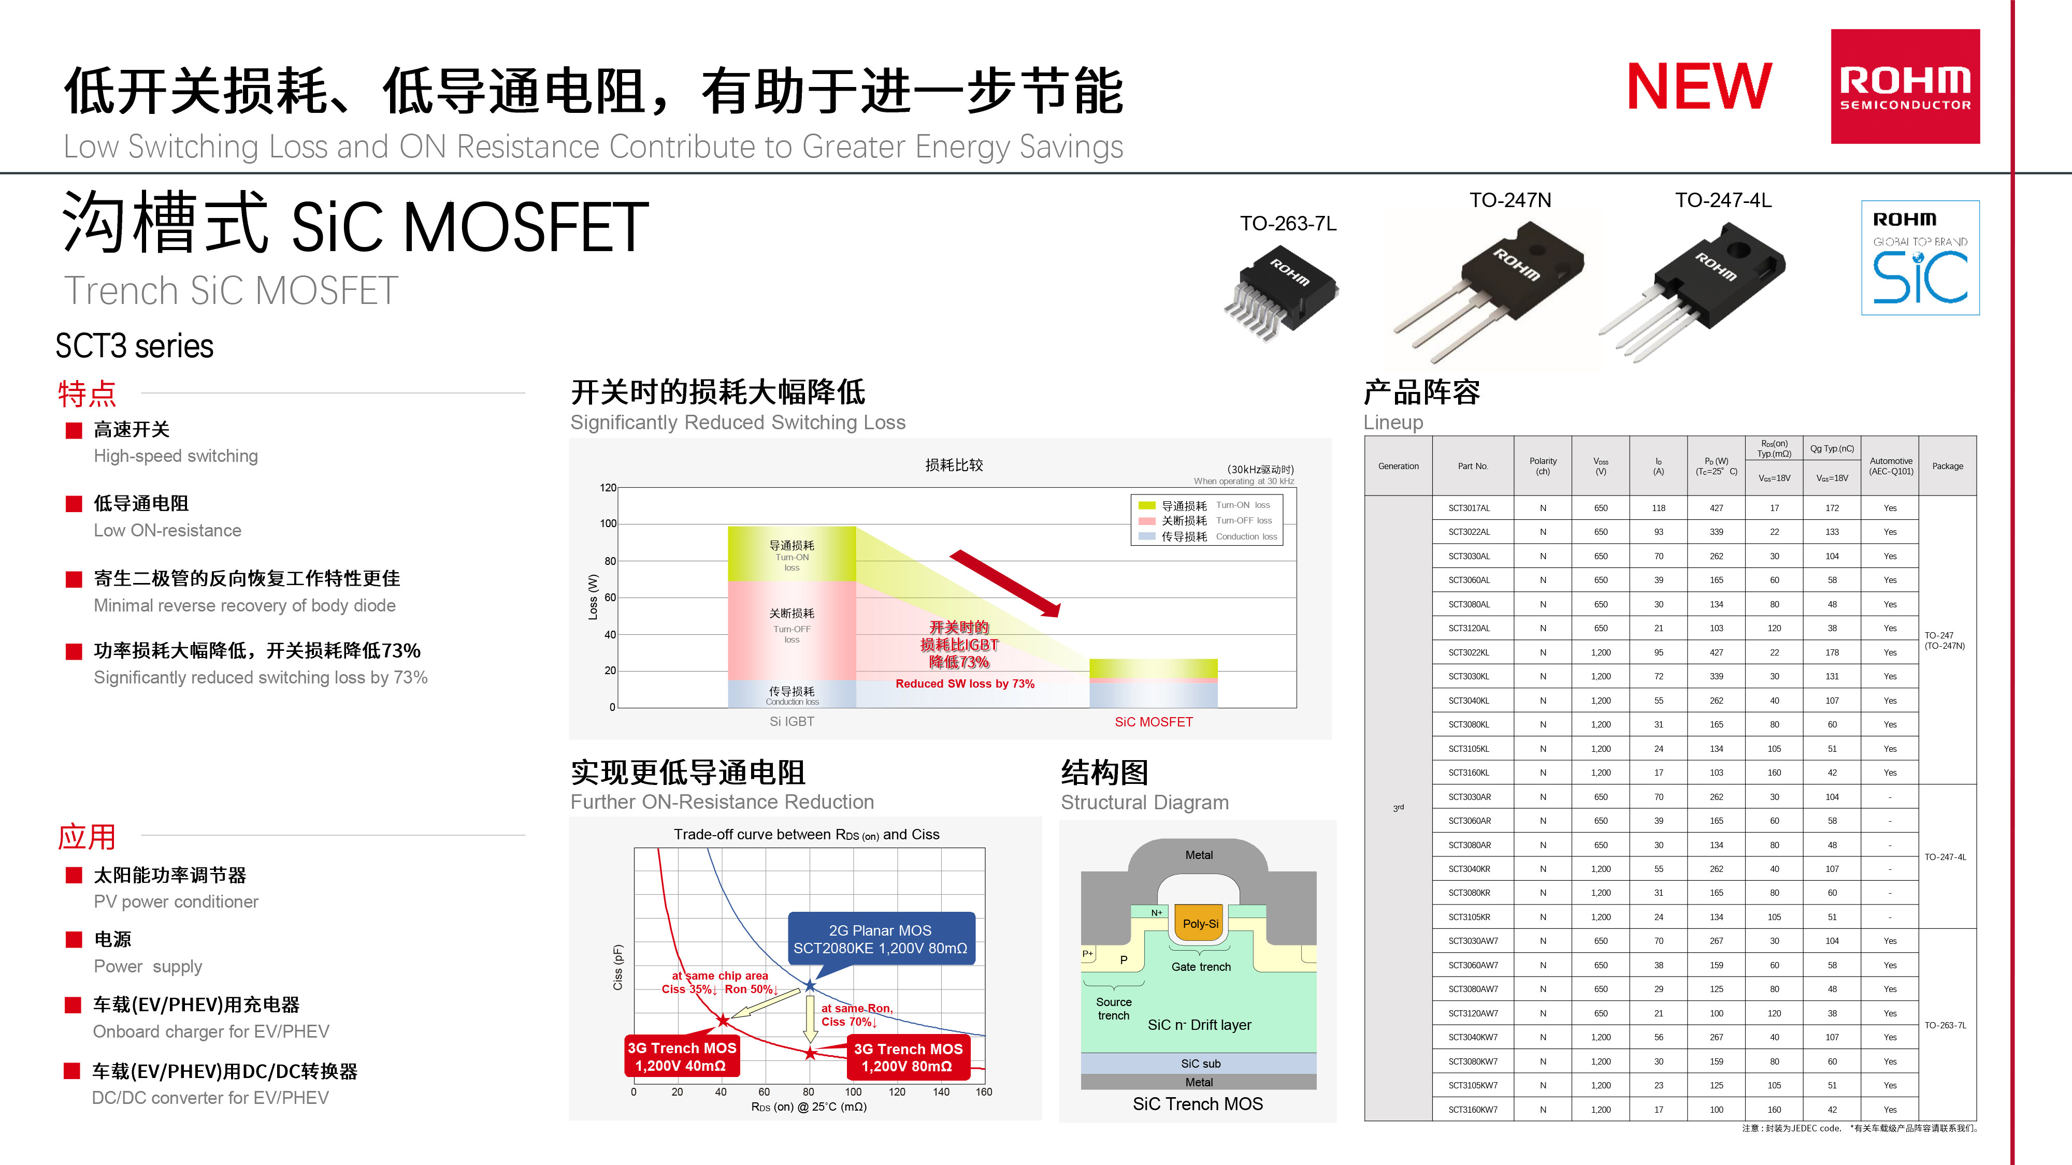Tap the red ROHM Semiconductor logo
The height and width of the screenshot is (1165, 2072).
pyautogui.click(x=1905, y=87)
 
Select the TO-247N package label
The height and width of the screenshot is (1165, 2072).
pyautogui.click(x=1510, y=200)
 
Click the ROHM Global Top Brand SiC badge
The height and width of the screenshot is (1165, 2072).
pyautogui.click(x=1920, y=257)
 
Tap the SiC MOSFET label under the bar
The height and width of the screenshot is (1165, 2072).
pyautogui.click(x=1154, y=722)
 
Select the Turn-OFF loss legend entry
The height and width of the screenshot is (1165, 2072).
pyautogui.click(x=1206, y=521)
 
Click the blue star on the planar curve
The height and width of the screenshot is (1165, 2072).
pyautogui.click(x=810, y=986)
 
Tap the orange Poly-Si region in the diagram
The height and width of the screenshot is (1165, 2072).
pyautogui.click(x=1200, y=924)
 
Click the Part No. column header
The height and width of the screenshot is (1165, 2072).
pyautogui.click(x=1473, y=467)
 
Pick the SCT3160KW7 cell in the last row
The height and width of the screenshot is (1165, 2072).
pyautogui.click(x=1473, y=1110)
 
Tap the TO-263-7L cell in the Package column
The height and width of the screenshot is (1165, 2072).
pyautogui.click(x=1945, y=1025)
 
